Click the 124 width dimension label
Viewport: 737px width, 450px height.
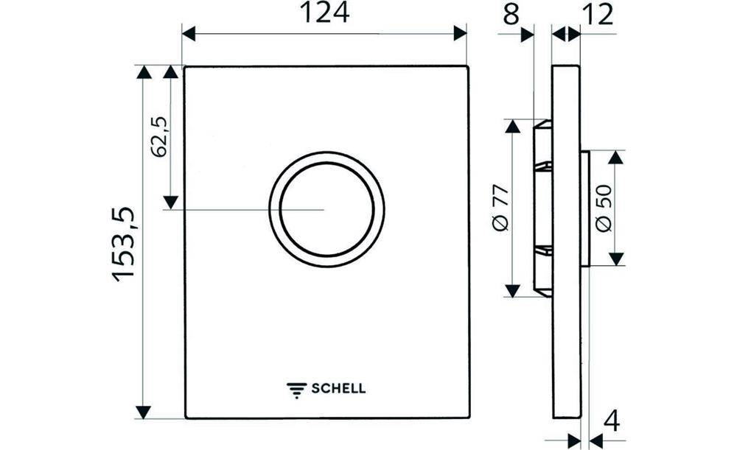(x=324, y=13)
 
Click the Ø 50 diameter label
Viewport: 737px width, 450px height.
(x=603, y=208)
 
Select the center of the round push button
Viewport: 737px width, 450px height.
(x=326, y=209)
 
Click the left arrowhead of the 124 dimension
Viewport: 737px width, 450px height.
(x=189, y=33)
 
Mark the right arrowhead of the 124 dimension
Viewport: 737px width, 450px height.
(x=461, y=33)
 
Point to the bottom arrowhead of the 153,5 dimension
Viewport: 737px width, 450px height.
(x=143, y=412)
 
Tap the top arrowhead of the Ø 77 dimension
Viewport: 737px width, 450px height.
(x=512, y=126)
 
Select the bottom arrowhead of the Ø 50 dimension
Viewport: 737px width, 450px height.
(x=616, y=259)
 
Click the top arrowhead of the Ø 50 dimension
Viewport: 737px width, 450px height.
(x=616, y=158)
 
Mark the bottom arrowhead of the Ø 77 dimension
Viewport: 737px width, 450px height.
(x=512, y=290)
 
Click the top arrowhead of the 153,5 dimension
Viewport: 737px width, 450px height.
(x=143, y=72)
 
